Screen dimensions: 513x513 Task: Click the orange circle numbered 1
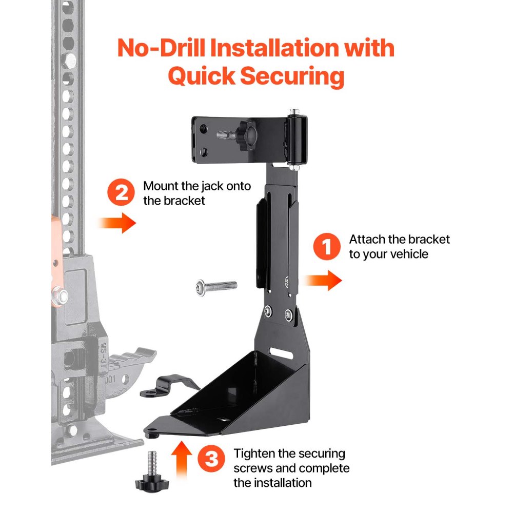click(326, 247)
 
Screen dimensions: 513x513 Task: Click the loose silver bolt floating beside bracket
click(216, 285)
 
